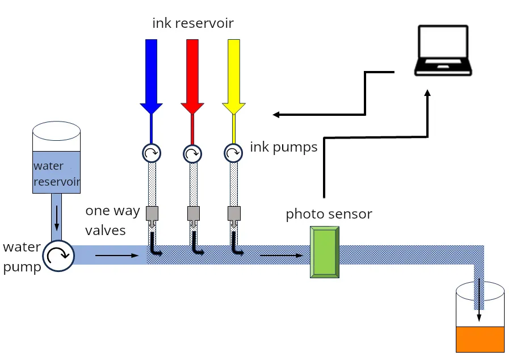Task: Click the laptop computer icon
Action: click(x=442, y=51)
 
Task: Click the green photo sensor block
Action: click(x=325, y=252)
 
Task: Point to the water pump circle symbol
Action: click(x=58, y=256)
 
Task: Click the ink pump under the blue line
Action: click(x=152, y=152)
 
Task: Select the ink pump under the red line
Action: click(x=192, y=152)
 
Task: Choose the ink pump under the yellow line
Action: click(x=233, y=152)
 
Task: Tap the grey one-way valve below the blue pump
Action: click(x=152, y=214)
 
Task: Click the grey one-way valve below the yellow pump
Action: click(x=233, y=214)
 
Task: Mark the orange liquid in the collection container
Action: click(x=480, y=339)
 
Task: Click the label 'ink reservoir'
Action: click(x=193, y=23)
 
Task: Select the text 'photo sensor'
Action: click(x=329, y=214)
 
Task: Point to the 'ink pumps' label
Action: click(x=283, y=148)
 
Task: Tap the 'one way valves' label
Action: click(x=112, y=220)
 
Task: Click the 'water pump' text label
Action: click(x=22, y=257)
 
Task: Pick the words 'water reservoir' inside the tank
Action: click(x=56, y=174)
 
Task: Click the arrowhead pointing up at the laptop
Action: click(x=428, y=94)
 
